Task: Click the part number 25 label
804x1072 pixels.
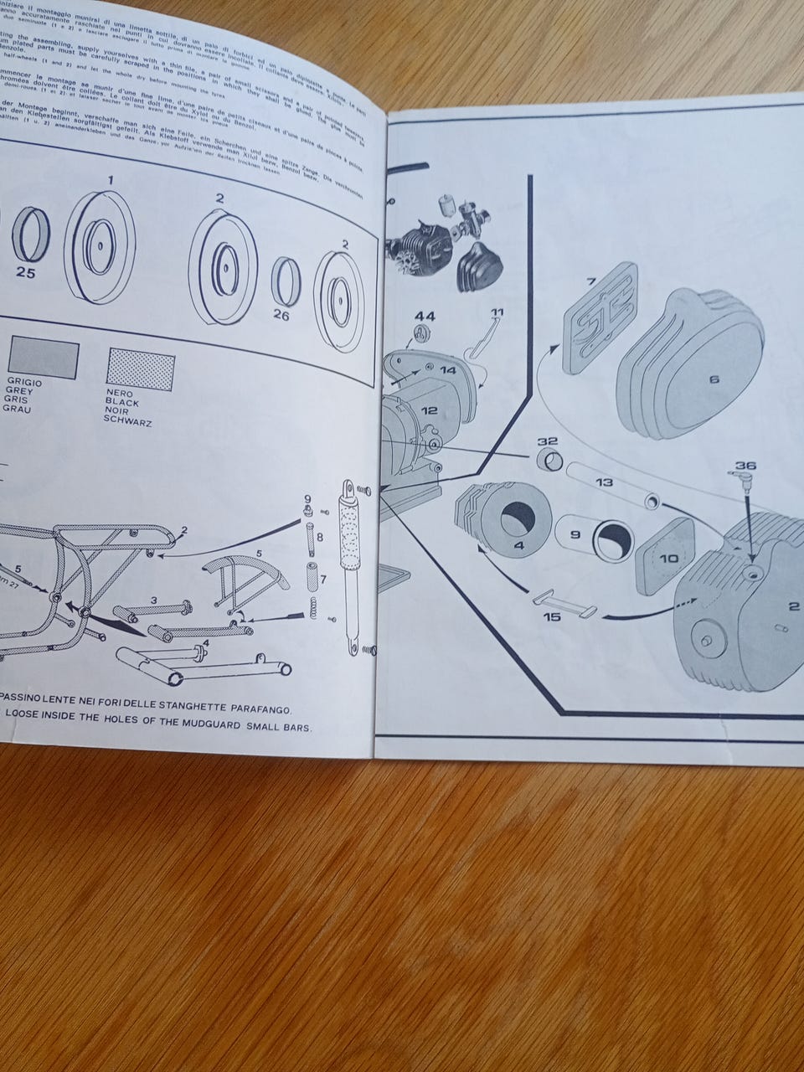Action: [26, 273]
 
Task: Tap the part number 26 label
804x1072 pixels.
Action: [281, 315]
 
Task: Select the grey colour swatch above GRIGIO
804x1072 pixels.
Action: [42, 357]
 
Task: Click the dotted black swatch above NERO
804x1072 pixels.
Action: [141, 369]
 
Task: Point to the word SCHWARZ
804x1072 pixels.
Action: [128, 422]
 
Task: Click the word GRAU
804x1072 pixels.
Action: [17, 410]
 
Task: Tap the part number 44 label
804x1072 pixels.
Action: [425, 316]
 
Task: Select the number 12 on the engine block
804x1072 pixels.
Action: [429, 410]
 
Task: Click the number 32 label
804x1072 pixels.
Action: [548, 441]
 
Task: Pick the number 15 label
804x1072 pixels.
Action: [552, 617]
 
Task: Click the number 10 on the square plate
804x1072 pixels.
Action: [669, 558]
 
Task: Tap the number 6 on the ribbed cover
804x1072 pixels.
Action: [714, 379]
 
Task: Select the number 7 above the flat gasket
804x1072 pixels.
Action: [590, 282]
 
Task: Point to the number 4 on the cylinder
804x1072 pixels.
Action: [519, 546]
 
